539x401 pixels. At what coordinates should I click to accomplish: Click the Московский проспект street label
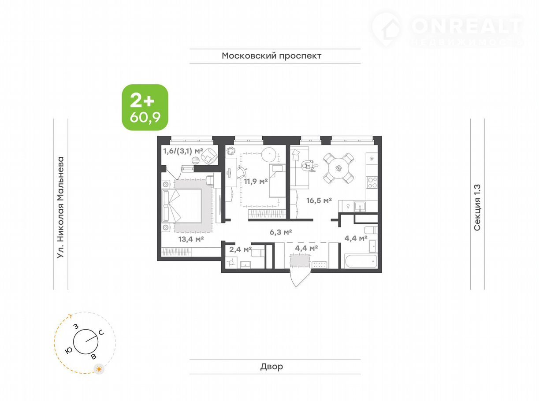[271, 56]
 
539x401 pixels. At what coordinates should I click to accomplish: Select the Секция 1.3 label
[477, 208]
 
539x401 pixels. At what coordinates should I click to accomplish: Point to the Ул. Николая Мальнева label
[60, 207]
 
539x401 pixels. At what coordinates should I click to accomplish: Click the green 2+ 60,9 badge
[145, 107]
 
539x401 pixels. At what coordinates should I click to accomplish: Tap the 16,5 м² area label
[319, 201]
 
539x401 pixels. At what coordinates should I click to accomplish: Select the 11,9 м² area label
[256, 181]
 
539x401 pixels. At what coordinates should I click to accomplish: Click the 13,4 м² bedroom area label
[191, 239]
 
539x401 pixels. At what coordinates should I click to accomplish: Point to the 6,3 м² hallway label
[281, 232]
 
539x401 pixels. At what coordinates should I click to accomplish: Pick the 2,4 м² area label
[240, 249]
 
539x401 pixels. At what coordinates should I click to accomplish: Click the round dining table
[338, 168]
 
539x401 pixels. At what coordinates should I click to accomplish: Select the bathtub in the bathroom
[361, 261]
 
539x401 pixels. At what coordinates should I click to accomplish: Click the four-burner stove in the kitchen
[372, 182]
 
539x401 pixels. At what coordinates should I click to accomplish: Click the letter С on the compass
[101, 332]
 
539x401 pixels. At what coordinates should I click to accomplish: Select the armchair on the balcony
[209, 156]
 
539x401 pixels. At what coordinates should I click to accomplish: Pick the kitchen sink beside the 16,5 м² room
[360, 206]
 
